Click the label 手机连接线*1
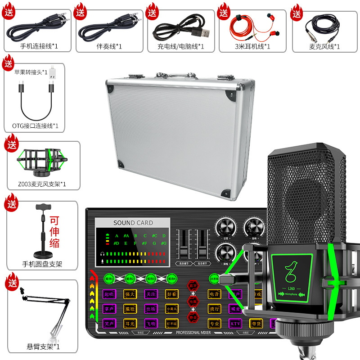pyautogui.click(x=39, y=46)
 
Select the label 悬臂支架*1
pyautogui.click(x=43, y=346)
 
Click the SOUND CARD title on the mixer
pyautogui.click(x=133, y=223)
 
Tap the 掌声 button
pyautogui.click(x=109, y=308)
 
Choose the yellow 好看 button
pyautogui.click(x=171, y=294)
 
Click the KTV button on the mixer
pyautogui.click(x=235, y=323)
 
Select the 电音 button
pyautogui.click(x=215, y=294)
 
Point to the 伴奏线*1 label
pyautogui.click(x=109, y=46)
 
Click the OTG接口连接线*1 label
pyautogui.click(x=36, y=126)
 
